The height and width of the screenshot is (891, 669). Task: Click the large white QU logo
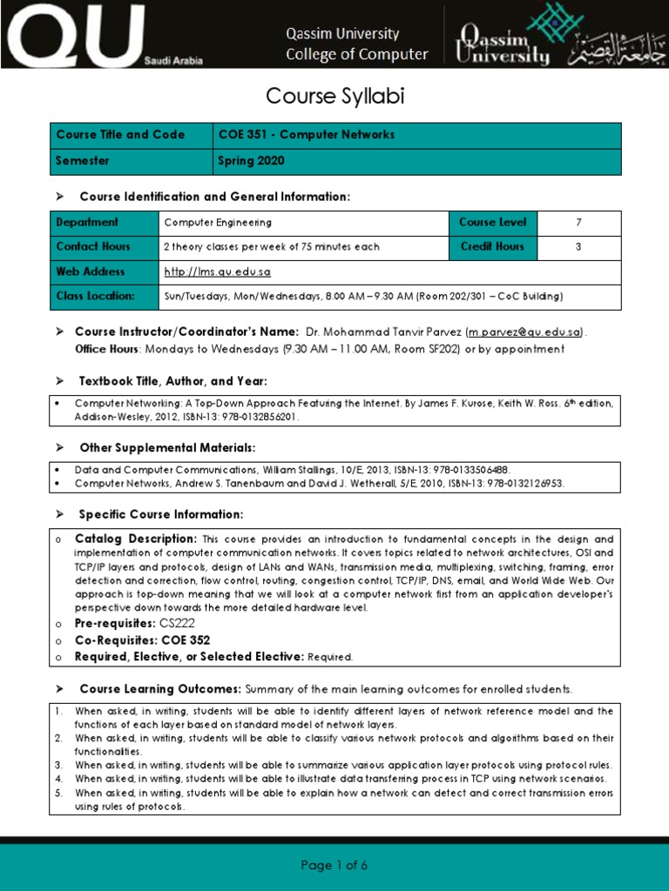74,35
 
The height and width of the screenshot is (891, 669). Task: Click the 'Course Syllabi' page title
334,96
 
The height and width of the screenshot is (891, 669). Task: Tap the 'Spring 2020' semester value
251,161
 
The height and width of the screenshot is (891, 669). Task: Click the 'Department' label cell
87,223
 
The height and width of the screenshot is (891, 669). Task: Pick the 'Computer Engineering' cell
218,223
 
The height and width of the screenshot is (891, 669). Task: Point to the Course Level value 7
578,223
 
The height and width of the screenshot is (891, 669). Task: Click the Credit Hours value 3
578,247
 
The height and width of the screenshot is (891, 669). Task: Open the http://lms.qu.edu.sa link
217,272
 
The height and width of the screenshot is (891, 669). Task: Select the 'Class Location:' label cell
96,297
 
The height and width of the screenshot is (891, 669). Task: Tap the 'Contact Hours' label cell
93,247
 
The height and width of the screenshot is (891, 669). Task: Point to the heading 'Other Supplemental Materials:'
167,447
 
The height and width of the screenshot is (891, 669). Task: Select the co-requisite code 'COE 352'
186,640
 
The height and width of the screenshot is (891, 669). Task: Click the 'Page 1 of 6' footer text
334,865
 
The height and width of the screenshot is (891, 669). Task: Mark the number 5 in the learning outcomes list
58,794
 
